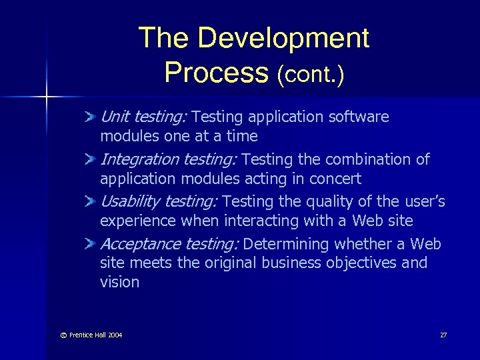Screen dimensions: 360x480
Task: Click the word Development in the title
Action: pyautogui.click(x=283, y=39)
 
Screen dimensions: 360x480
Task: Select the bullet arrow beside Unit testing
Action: pyautogui.click(x=91, y=118)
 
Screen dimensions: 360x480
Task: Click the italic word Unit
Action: pyautogui.click(x=115, y=117)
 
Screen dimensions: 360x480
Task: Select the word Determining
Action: pyautogui.click(x=287, y=245)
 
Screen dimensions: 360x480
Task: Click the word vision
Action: pyautogui.click(x=119, y=282)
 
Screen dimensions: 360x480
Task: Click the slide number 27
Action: pyautogui.click(x=443, y=335)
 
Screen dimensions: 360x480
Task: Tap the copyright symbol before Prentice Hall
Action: pyautogui.click(x=63, y=335)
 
